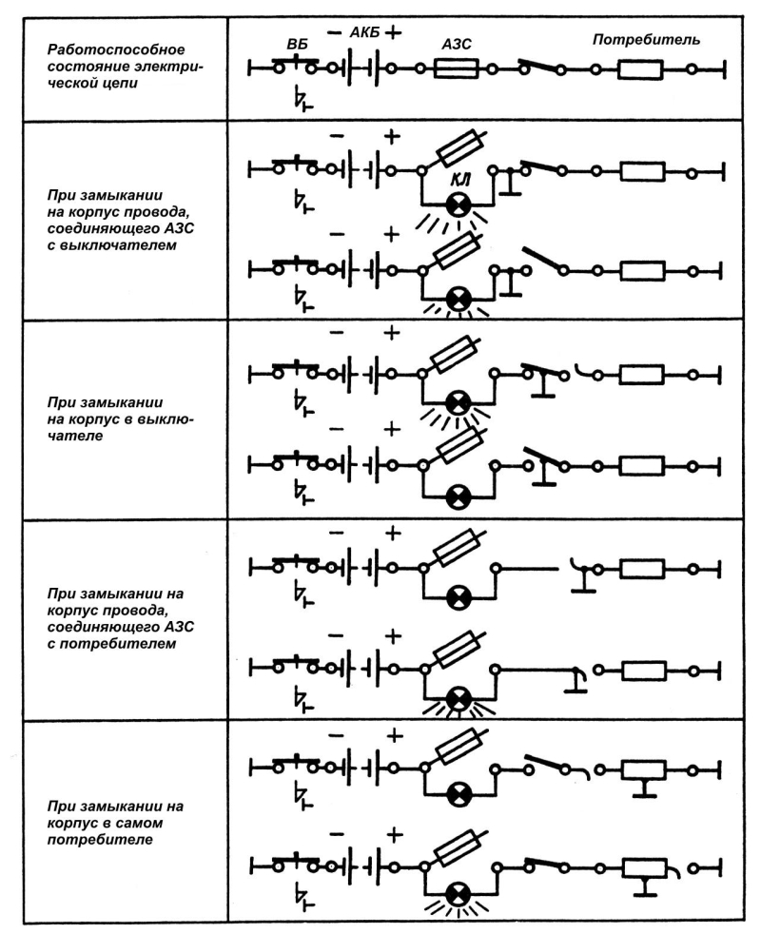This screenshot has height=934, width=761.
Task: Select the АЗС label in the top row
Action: pos(457,44)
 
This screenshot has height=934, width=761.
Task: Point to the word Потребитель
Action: pos(646,40)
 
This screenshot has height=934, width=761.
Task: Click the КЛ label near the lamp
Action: pos(459,180)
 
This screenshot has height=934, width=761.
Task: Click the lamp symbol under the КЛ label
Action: pos(459,205)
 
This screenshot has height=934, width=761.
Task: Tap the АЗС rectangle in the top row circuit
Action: pos(457,69)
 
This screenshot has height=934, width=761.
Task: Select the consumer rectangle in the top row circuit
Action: pos(640,69)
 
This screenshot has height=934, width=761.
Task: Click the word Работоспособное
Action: pos(116,49)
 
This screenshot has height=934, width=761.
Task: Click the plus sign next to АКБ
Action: pos(393,32)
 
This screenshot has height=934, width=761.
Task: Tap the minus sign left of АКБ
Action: pos(337,32)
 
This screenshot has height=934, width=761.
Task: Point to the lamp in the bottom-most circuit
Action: pos(459,894)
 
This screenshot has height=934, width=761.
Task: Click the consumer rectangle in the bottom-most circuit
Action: pos(645,868)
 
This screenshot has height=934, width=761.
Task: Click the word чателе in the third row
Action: pos(75,436)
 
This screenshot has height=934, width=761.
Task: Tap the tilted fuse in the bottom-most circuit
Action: pos(459,847)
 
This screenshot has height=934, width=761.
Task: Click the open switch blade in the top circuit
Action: pos(541,66)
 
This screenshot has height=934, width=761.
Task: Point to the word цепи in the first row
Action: pos(121,84)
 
